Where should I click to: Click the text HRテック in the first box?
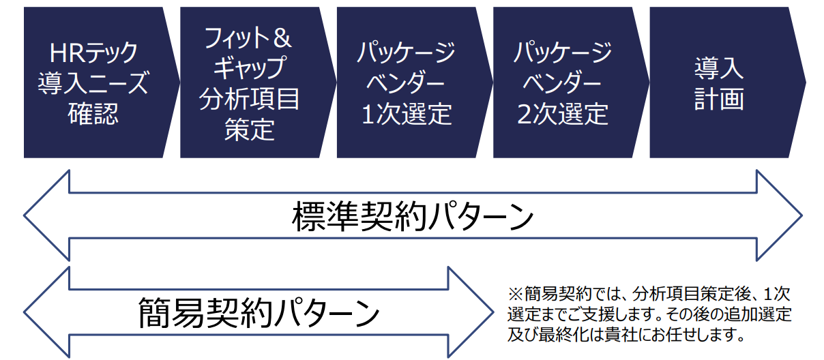coord(93,52)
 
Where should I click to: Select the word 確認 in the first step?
coord(93,113)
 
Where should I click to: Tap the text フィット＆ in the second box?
coord(248,38)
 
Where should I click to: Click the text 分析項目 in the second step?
coord(249,99)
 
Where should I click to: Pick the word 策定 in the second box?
coord(249,129)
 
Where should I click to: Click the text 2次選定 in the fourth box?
coord(563,114)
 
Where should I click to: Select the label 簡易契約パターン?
coord(259,313)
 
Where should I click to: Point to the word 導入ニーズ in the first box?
coord(93,83)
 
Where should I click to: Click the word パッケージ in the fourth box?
coord(563,52)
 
